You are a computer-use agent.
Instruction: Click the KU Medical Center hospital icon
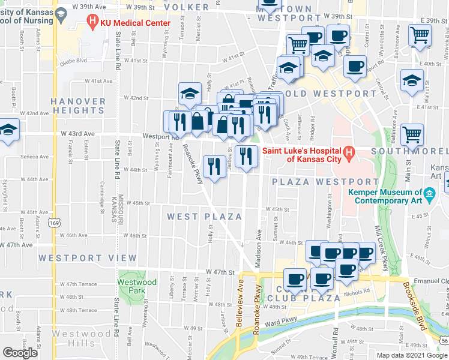coord(92,23)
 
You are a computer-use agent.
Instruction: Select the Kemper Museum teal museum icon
coord(429,195)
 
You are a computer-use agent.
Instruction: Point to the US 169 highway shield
coord(55,223)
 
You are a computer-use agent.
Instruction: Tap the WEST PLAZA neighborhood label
coord(204,217)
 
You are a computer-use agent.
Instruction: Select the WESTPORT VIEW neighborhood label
coord(88,258)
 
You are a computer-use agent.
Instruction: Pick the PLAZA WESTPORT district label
coord(325,181)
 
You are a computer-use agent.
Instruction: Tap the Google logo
coord(20,352)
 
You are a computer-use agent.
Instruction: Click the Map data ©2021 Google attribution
coord(411,355)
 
